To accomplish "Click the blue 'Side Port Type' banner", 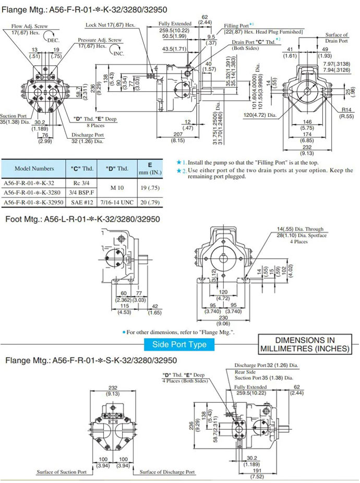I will (x=179, y=344).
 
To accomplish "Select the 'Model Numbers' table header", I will (x=34, y=168).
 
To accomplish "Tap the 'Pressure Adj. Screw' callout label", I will (x=100, y=40).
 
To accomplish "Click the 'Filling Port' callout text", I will (x=236, y=26).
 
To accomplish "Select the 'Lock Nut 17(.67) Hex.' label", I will (x=110, y=25).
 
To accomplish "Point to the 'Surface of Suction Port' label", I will (x=61, y=472).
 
